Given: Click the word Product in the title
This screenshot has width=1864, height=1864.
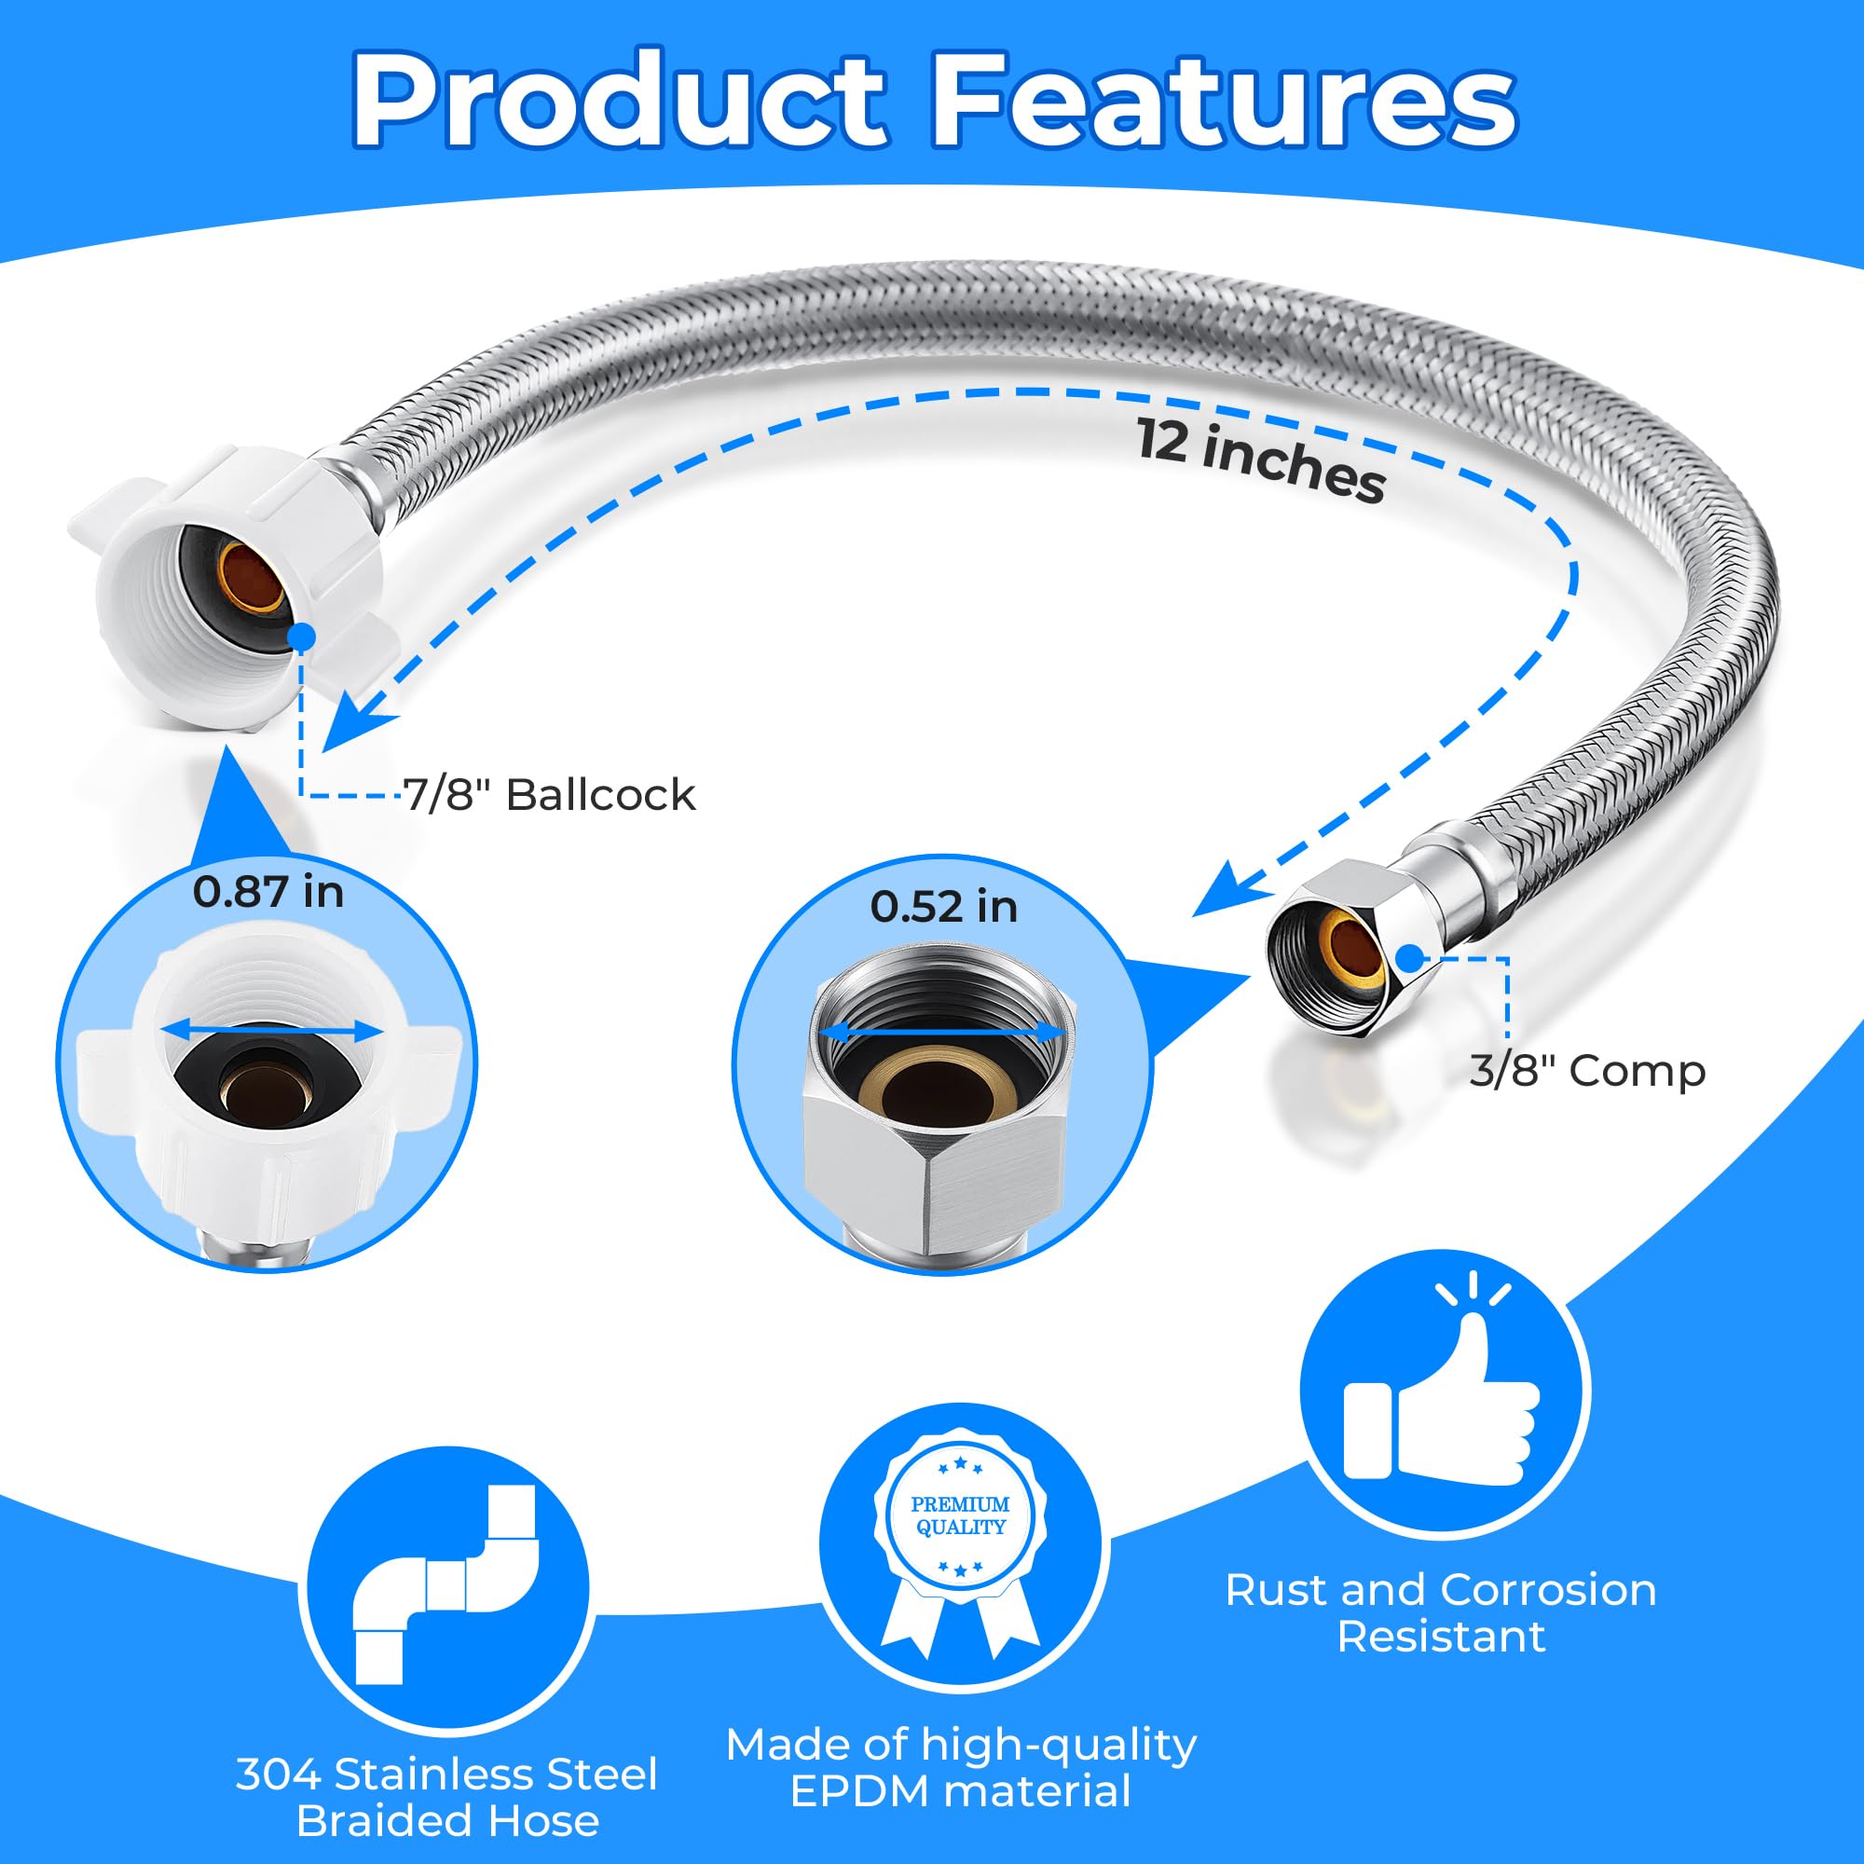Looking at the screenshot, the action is [x=619, y=100].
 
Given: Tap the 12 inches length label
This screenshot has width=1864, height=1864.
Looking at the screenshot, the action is [x=1260, y=459].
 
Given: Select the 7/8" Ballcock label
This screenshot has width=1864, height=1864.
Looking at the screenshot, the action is [x=549, y=795].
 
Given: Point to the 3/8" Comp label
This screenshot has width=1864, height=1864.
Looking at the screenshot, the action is [x=1587, y=1071].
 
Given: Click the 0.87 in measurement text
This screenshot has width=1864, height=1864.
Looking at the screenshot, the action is [x=268, y=892].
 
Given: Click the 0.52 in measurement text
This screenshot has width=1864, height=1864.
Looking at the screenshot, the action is [x=943, y=907].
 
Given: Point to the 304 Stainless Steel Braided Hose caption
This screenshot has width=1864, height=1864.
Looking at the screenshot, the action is [x=446, y=1798].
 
